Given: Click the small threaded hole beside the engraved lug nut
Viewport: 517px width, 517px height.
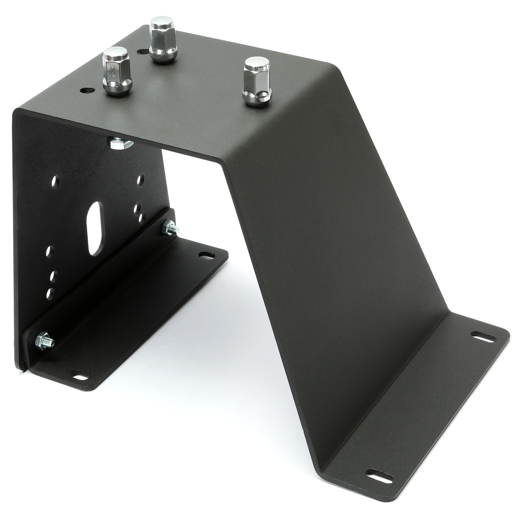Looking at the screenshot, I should (x=88, y=90).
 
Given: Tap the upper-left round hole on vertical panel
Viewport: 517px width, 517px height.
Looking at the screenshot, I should (x=57, y=179).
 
